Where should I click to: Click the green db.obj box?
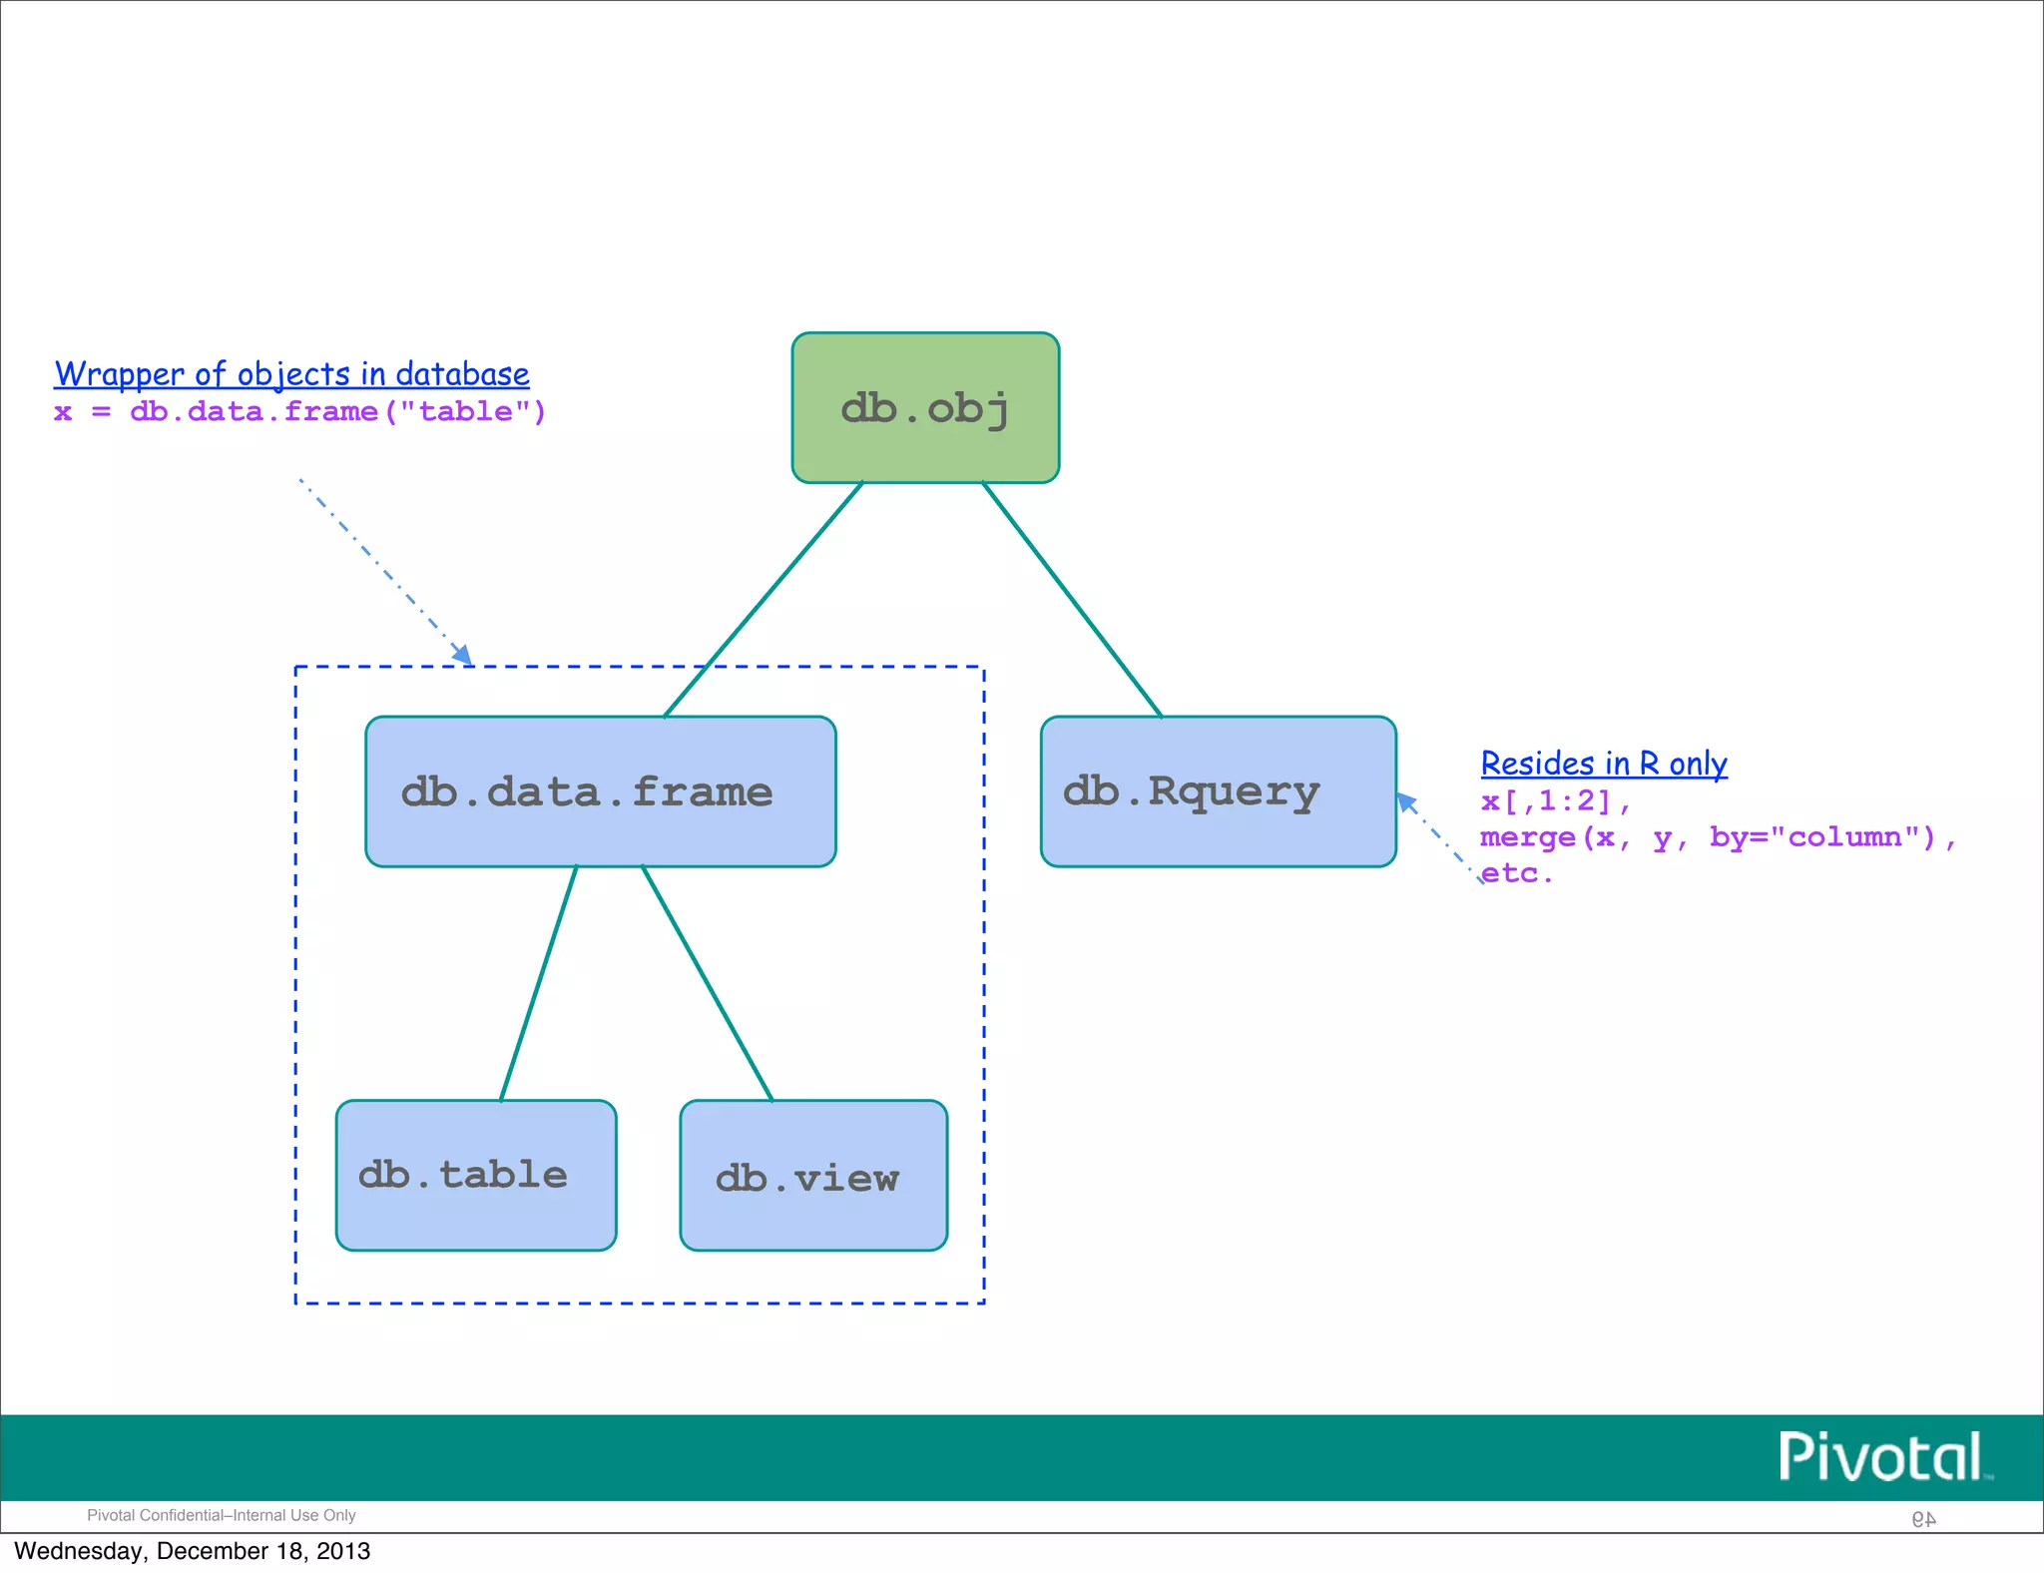[925, 407]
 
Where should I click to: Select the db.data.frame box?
[600, 791]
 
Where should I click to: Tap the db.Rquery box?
[1218, 791]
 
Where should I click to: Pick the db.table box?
[476, 1175]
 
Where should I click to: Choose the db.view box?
[813, 1175]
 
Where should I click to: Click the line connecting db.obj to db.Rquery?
[1072, 599]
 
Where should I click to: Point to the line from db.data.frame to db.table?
[539, 983]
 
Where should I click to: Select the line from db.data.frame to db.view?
[707, 983]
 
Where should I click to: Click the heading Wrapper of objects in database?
[291, 374]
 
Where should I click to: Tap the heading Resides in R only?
[1604, 764]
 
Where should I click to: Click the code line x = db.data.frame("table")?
[299, 411]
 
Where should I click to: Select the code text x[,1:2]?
[1555, 800]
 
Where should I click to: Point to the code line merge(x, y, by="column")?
[1717, 836]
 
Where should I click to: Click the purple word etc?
[1516, 873]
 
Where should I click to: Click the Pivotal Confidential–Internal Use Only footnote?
[222, 1515]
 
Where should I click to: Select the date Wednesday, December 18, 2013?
[192, 1551]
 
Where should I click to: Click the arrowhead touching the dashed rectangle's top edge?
[462, 655]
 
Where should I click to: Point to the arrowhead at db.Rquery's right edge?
[1406, 801]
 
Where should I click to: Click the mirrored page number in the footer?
[1923, 1519]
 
